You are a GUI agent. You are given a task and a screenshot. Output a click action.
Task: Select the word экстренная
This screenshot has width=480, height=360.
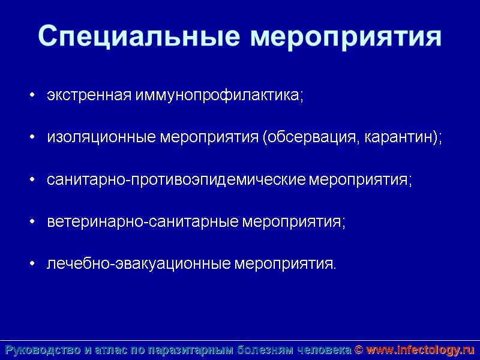[90, 96]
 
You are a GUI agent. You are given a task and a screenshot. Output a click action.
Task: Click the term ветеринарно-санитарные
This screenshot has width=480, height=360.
[143, 222]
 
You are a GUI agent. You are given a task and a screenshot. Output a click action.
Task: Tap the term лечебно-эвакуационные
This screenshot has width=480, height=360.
[139, 264]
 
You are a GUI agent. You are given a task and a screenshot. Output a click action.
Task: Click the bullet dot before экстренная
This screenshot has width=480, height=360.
[32, 97]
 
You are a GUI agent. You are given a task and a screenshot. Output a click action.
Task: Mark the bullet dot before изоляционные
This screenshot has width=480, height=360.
[32, 139]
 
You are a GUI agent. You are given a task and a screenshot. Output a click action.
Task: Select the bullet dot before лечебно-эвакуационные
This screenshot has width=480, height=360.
[32, 265]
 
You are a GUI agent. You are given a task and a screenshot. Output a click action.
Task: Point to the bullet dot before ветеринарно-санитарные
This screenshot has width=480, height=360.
[32, 223]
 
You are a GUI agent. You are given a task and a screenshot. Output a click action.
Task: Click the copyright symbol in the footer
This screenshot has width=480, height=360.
[359, 350]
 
